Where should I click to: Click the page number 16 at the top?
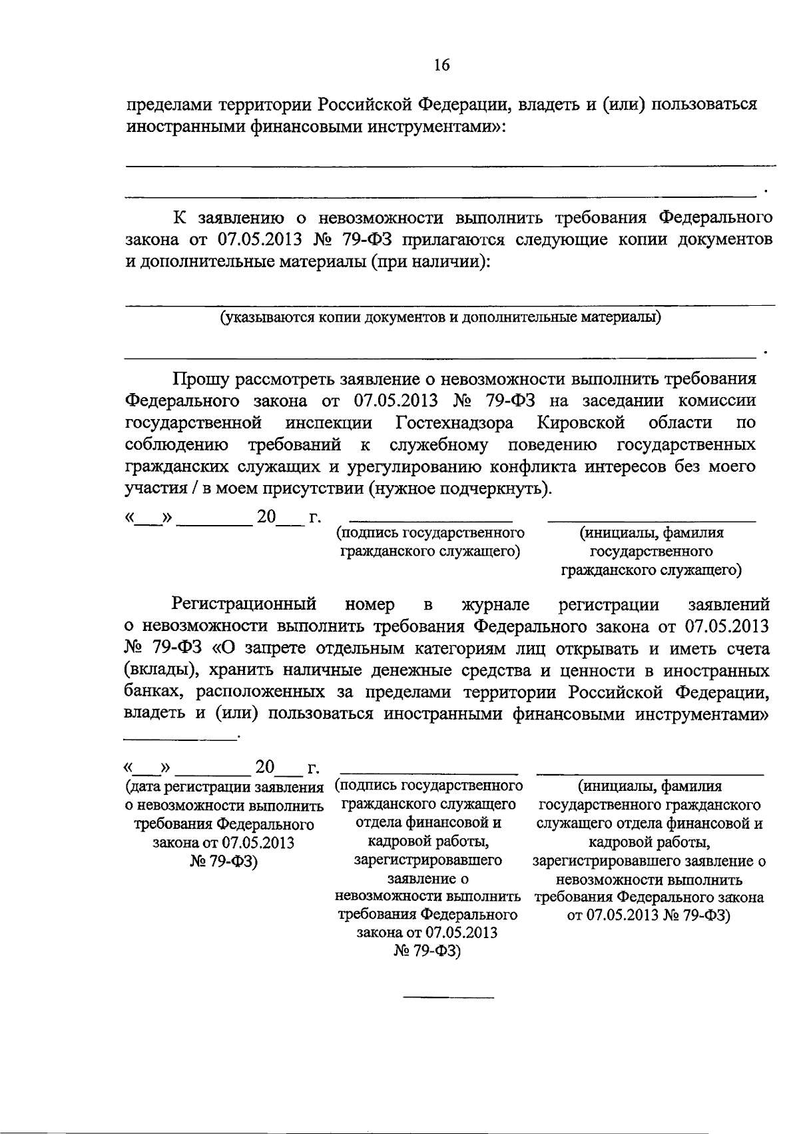pos(441,65)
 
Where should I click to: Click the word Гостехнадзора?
pos(454,422)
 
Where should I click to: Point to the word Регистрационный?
pos(243,604)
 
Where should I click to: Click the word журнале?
pos(495,604)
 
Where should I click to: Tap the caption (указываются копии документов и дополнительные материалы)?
pos(441,317)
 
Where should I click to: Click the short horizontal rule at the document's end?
pos(449,997)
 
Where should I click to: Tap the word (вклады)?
pos(156,670)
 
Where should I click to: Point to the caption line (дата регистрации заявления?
pos(224,788)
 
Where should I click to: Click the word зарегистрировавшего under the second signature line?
pos(428,860)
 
